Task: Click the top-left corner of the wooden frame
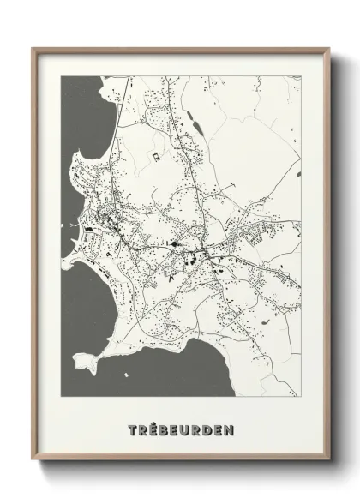coord(33,48)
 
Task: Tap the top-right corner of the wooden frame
coord(327,48)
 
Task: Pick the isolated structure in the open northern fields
coord(156,157)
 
